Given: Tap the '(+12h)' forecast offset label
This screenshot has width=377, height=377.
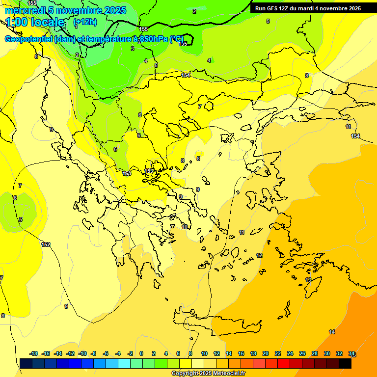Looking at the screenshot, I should click(85, 22).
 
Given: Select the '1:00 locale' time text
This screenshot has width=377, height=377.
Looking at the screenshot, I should click(35, 22).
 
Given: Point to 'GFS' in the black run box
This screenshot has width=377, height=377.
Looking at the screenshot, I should click(274, 8).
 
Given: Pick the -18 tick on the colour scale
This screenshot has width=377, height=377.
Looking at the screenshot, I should click(34, 353).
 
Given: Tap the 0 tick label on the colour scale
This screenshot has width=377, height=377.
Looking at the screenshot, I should click(141, 353).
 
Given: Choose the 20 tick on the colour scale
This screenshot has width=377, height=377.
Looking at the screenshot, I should click(266, 353).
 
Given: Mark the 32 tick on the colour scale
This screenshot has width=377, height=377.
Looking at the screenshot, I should click(339, 353).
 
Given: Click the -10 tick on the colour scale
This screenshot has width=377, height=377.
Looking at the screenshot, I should click(82, 353).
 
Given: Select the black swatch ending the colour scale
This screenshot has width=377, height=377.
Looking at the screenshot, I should click(345, 363).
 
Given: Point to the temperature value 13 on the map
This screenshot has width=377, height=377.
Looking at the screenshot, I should click(308, 280).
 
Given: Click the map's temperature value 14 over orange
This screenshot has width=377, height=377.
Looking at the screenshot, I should click(332, 332).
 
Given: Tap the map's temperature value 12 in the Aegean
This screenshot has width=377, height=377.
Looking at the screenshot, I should click(259, 256).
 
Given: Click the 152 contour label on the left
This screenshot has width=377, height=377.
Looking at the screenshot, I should click(46, 244).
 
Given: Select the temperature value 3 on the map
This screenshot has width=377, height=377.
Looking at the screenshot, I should click(133, 49).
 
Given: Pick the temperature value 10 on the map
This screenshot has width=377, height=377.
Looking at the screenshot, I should click(185, 227).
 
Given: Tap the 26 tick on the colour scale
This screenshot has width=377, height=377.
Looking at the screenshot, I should click(302, 353).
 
